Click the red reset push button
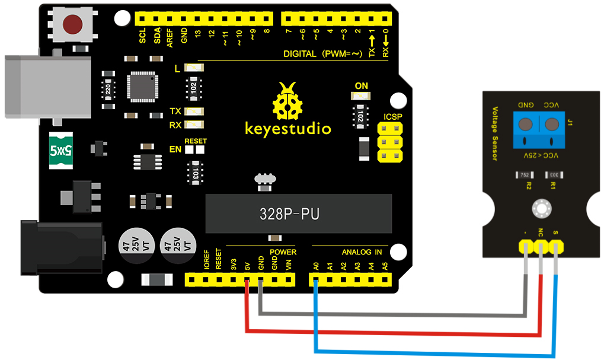coord(73,24)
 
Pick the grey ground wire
coord(391,314)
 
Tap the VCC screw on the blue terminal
coord(552,125)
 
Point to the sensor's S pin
coord(556,246)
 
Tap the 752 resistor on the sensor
coord(524,175)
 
